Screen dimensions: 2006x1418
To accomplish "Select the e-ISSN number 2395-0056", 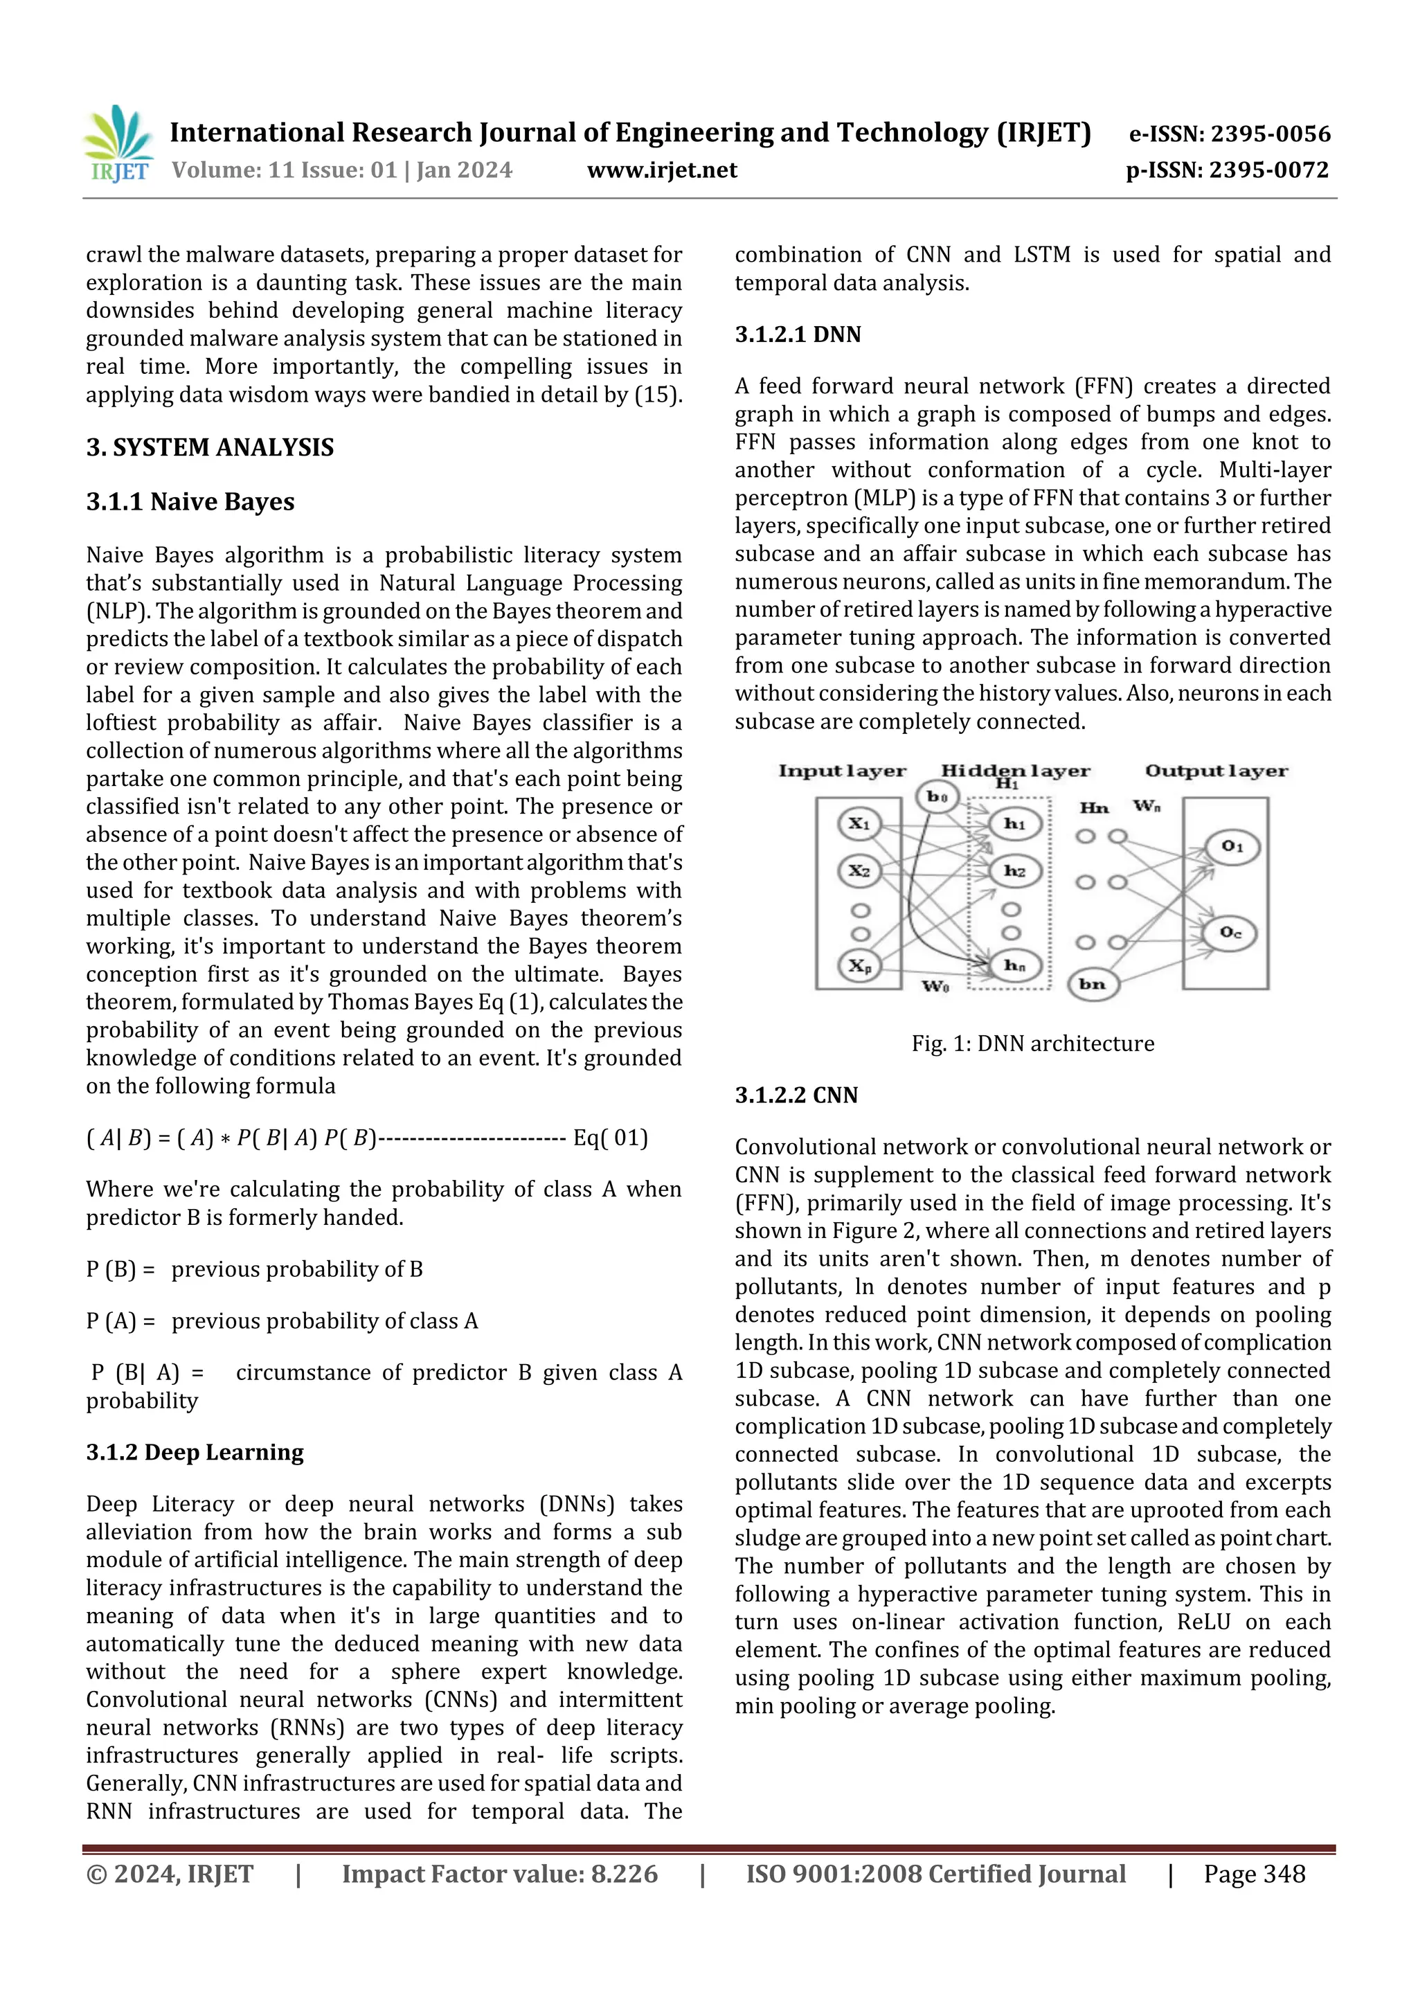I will click(x=1229, y=134).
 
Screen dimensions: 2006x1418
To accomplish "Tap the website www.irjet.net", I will click(x=661, y=170).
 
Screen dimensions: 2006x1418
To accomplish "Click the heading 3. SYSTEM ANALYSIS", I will click(x=210, y=447).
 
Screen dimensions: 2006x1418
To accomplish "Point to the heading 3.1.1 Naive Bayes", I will click(x=190, y=501).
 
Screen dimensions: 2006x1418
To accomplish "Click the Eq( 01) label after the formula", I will click(x=610, y=1138).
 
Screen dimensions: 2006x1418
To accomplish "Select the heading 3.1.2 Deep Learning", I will click(x=194, y=1452).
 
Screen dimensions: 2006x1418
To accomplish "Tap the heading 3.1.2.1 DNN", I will click(x=797, y=334).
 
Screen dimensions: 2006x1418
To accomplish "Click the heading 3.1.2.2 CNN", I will click(x=796, y=1095).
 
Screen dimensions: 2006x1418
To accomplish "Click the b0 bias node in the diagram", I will click(x=937, y=796).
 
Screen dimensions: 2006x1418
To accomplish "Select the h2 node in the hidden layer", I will click(x=1014, y=870).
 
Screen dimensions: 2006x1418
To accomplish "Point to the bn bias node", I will click(x=1092, y=984).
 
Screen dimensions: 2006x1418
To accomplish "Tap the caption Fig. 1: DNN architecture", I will click(x=1032, y=1044).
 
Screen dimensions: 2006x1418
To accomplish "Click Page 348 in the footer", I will click(x=1254, y=1873).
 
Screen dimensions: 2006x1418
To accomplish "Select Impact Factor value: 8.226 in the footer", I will click(x=499, y=1873).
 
